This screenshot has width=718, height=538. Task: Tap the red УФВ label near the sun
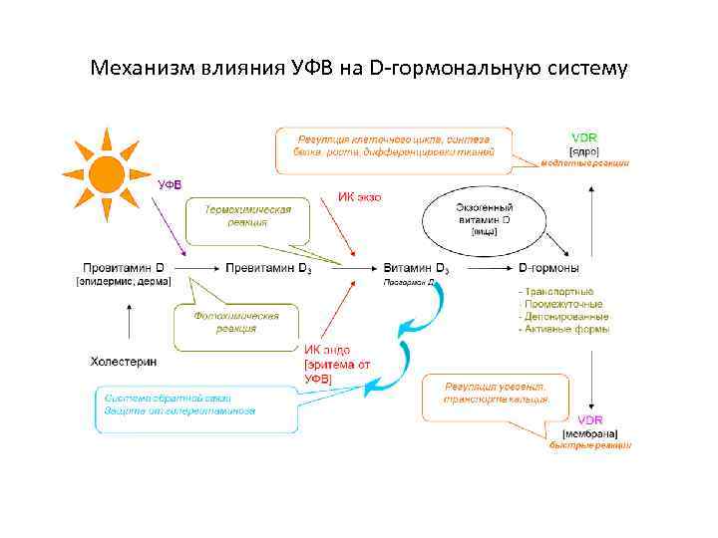(x=171, y=184)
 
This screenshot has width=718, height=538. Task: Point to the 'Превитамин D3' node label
(x=268, y=268)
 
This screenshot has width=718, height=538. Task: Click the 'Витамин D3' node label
(x=416, y=268)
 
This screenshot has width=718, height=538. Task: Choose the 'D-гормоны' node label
(x=548, y=268)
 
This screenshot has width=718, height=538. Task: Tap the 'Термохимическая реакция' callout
(x=247, y=217)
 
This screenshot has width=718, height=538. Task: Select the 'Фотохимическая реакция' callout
(x=235, y=322)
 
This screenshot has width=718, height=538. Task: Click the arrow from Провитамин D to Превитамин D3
(x=198, y=268)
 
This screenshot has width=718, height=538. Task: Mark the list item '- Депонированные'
(x=563, y=316)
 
